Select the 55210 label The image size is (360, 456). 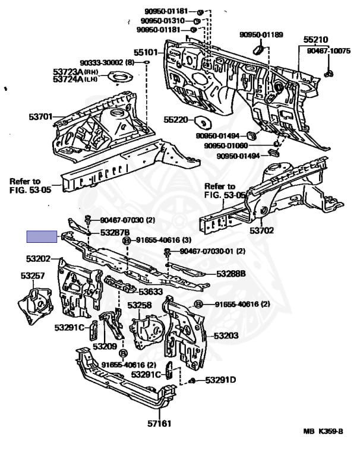point(315,40)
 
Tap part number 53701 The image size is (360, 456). point(40,117)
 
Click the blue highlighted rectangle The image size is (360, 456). point(41,237)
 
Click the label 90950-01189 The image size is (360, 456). point(261,35)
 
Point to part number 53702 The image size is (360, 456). point(261,230)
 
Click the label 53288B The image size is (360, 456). point(231,274)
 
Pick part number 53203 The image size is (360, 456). point(226,335)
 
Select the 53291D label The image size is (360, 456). point(220,380)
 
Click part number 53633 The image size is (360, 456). point(151,292)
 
